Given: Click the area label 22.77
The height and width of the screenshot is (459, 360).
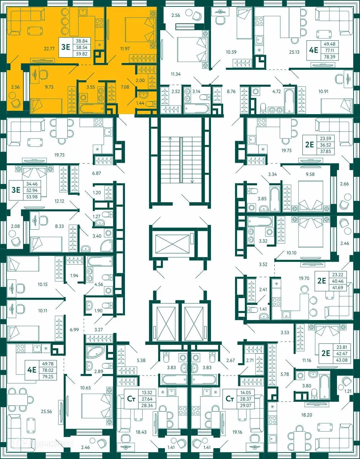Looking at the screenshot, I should (49, 48).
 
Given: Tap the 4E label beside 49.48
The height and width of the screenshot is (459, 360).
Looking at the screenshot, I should (314, 50).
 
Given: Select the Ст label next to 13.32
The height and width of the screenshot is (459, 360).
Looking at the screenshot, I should (131, 399).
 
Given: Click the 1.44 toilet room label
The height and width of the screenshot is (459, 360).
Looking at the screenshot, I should (140, 103).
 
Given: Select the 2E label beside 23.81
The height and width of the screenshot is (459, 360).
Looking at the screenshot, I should (325, 353).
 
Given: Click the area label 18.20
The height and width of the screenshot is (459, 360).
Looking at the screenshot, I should (306, 415).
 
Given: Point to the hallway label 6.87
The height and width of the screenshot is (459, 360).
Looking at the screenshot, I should (96, 173).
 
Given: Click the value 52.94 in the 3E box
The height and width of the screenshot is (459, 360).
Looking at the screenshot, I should (32, 190).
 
